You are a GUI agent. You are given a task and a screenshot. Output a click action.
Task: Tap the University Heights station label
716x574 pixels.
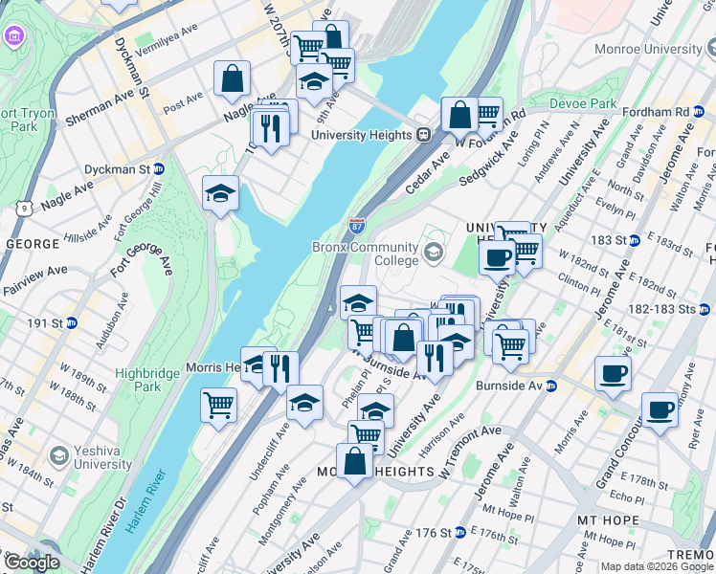(362, 135)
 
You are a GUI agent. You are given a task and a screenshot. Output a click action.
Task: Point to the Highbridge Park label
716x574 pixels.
(138, 380)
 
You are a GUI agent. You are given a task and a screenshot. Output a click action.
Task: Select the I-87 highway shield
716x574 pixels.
(356, 227)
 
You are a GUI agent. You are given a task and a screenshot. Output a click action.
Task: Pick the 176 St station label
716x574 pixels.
(439, 532)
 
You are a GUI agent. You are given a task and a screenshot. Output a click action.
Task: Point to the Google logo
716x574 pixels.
(31, 563)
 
